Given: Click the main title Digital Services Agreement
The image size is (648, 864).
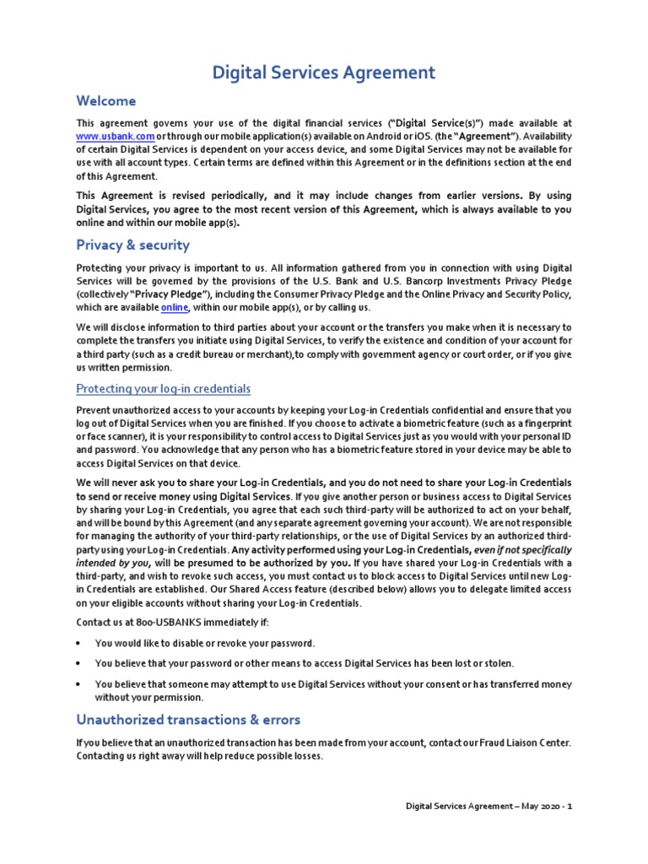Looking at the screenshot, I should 323,73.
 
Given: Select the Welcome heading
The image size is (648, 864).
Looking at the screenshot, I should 105,101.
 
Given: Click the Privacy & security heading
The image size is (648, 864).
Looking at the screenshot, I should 132,245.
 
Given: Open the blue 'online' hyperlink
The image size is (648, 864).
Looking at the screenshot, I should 175,308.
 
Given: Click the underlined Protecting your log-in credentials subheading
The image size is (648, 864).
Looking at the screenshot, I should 163,388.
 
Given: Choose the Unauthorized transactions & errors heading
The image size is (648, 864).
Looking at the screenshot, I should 187,720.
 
